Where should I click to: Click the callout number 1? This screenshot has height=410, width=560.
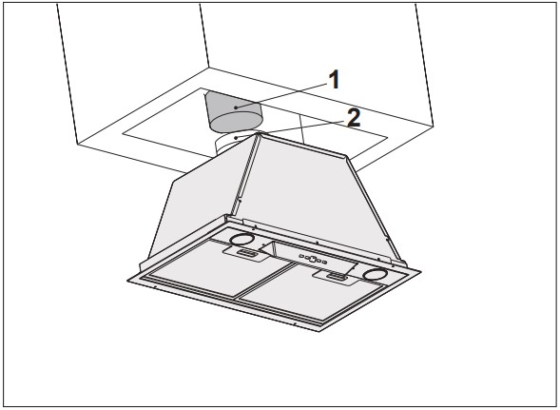coord(334,79)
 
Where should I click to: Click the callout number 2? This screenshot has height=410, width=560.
coord(354,118)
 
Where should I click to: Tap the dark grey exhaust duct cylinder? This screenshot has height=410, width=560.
coord(234,112)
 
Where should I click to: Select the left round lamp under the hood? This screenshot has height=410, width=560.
coord(242,239)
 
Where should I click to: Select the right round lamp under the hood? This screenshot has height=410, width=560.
coord(375,275)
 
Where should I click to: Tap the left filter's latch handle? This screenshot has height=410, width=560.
coord(246,254)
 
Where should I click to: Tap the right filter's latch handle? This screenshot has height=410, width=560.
coord(337,276)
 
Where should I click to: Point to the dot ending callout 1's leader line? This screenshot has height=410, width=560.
coord(236,107)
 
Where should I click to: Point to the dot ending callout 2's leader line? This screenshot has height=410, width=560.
coord(236,138)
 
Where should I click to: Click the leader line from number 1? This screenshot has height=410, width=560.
coord(281,95)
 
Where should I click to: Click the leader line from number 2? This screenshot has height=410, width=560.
coord(290,129)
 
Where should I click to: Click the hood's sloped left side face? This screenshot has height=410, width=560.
coord(200,204)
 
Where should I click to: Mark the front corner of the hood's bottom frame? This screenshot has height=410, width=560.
coord(319,331)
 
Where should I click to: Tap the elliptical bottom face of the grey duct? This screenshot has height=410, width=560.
coord(236,122)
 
